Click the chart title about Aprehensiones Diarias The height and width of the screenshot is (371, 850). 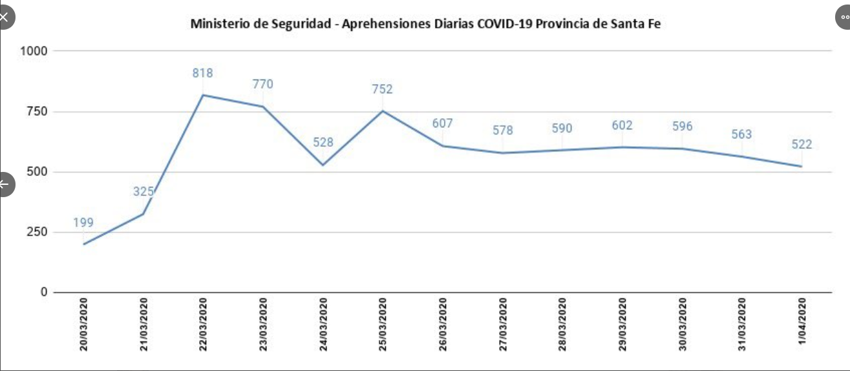425,24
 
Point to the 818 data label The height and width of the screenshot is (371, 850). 202,73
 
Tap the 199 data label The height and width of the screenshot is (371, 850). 83,223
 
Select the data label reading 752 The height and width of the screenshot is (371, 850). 382,89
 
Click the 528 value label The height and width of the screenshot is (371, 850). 323,142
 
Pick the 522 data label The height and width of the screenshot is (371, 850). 802,144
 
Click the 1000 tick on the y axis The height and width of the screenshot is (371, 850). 34,50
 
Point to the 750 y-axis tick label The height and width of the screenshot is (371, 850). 37,111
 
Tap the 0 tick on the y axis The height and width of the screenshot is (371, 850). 44,292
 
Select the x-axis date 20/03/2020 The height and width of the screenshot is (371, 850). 84,324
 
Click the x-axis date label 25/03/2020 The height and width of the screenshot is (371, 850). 383,324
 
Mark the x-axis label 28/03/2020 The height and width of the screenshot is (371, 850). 562,324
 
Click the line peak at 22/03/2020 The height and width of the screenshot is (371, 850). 203,95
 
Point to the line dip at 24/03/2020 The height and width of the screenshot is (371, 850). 323,165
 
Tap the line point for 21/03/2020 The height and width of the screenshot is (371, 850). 143,213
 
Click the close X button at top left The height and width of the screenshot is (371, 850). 5,17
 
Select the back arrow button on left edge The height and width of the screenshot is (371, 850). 5,184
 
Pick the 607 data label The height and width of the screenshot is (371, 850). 442,123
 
